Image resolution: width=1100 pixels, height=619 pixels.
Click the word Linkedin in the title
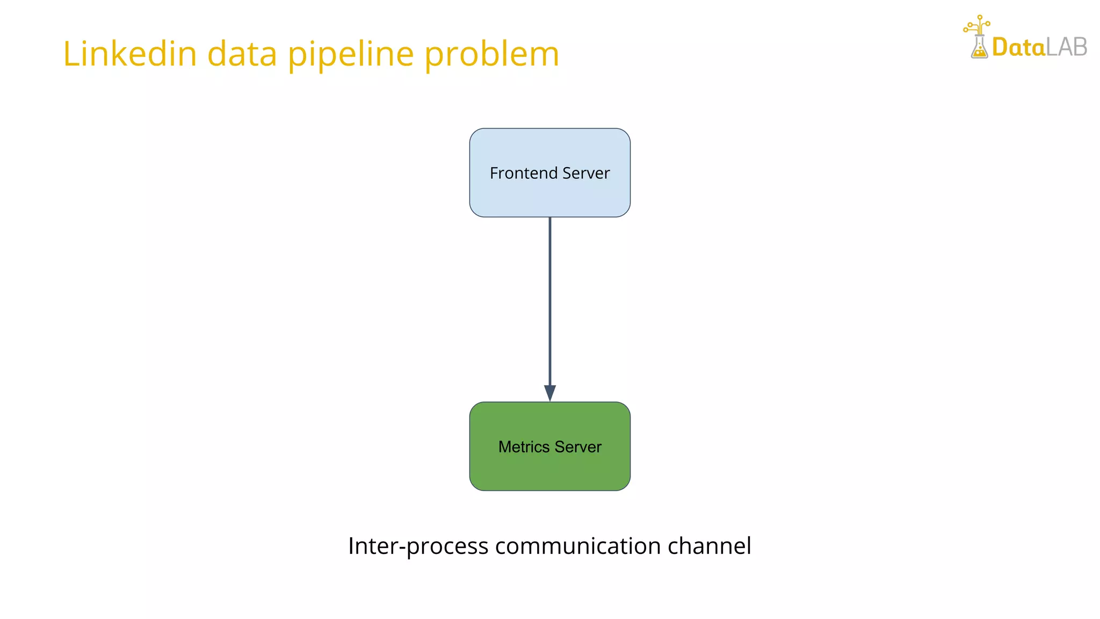point(130,54)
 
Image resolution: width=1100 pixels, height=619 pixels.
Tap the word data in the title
point(242,54)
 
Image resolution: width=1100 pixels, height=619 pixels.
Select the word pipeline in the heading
point(351,55)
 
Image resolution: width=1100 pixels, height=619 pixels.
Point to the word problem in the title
point(491,55)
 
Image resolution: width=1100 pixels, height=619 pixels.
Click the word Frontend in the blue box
point(524,173)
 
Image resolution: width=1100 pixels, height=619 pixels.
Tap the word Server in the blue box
point(586,173)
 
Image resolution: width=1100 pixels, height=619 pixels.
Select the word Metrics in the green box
point(524,447)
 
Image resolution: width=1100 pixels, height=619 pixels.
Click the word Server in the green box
point(578,447)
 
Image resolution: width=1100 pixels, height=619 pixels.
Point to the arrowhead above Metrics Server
point(550,393)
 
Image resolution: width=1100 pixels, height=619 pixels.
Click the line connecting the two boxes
point(550,301)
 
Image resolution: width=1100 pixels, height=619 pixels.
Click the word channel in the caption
point(709,546)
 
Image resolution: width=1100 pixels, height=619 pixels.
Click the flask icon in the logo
point(979,48)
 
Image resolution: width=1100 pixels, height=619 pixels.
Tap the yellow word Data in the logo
point(1018,47)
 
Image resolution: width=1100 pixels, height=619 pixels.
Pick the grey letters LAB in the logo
point(1067,47)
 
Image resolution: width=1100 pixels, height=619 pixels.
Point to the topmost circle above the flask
point(980,17)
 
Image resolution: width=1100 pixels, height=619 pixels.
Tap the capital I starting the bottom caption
point(351,546)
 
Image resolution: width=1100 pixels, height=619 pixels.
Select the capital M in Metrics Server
point(504,447)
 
